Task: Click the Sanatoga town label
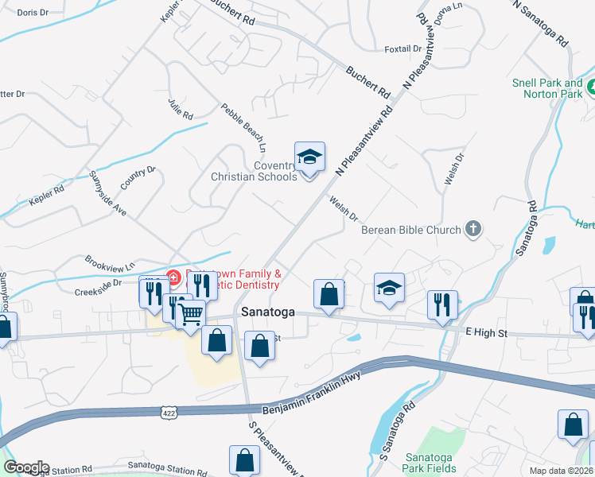264,312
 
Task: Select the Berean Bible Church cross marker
473,230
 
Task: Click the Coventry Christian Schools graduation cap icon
309,157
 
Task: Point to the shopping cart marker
190,314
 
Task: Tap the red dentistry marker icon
173,277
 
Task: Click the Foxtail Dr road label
402,48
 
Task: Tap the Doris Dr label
32,14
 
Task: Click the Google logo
25,467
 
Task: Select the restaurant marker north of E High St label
437,304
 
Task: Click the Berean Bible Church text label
410,230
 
